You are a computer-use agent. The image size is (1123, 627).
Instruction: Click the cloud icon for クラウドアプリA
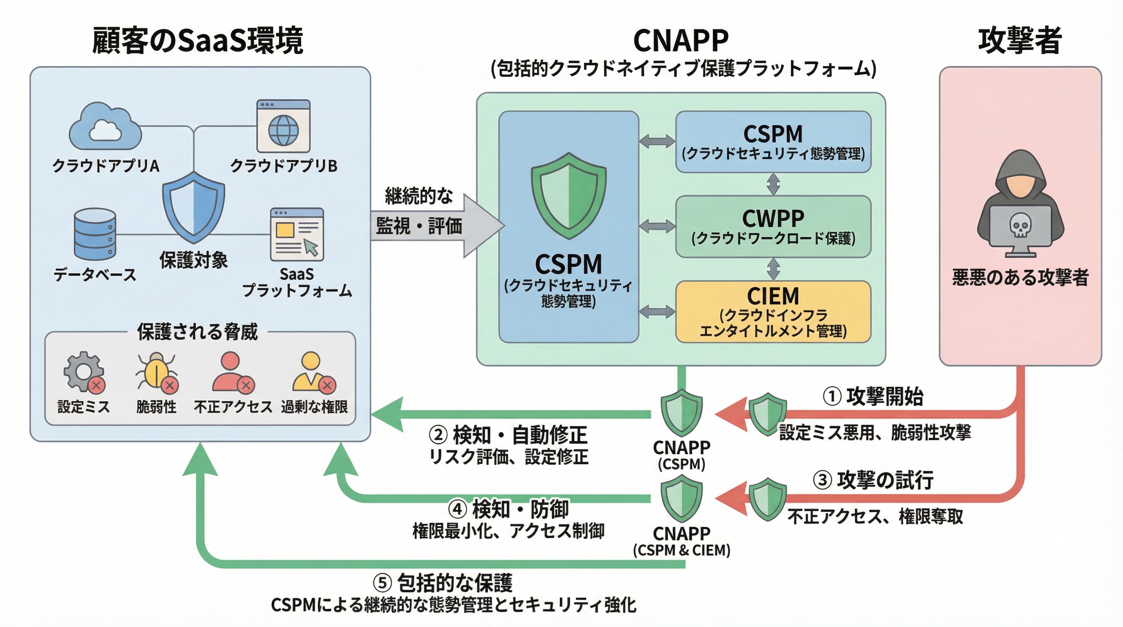click(x=105, y=127)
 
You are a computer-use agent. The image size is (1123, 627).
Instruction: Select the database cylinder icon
click(x=95, y=234)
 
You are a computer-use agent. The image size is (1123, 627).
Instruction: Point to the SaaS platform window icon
click(x=297, y=234)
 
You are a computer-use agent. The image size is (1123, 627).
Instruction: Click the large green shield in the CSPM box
click(x=568, y=196)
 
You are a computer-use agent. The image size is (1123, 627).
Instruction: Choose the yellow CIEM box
click(x=773, y=311)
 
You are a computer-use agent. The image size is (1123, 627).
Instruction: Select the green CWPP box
click(x=773, y=226)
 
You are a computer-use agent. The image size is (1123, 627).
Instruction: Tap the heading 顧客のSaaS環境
click(x=198, y=40)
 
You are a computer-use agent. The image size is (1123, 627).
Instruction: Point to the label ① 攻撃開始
click(x=873, y=396)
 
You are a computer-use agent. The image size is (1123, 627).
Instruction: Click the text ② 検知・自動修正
click(x=508, y=435)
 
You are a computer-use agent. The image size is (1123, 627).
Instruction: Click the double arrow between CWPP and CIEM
click(x=773, y=269)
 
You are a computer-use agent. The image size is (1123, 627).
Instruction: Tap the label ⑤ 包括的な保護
click(x=443, y=583)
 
